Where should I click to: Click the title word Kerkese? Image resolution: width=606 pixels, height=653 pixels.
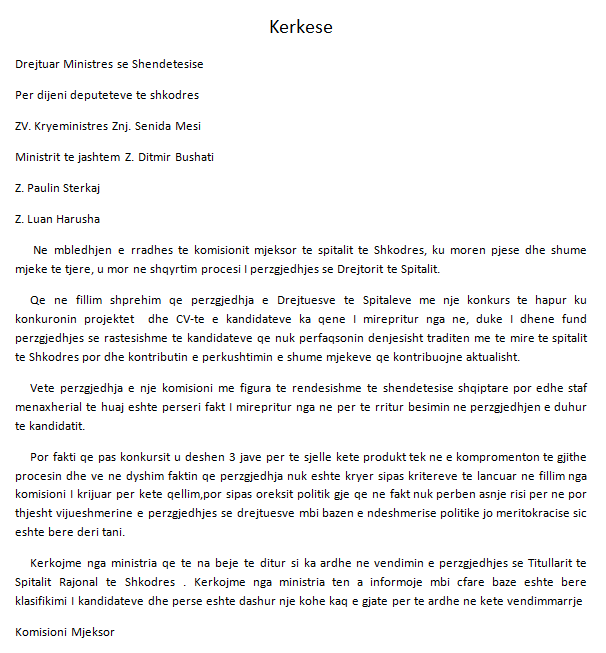(300, 27)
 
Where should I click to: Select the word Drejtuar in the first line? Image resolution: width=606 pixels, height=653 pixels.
(38, 64)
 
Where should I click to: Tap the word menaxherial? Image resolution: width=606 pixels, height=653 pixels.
(51, 405)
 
